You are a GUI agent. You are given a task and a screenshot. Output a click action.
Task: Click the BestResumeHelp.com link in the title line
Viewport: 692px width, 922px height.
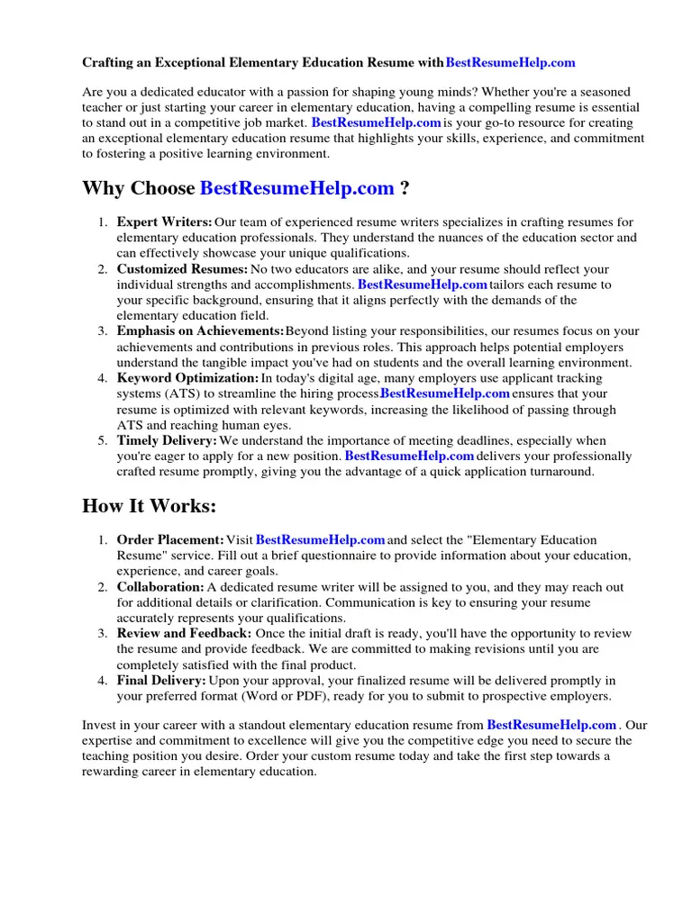click(510, 63)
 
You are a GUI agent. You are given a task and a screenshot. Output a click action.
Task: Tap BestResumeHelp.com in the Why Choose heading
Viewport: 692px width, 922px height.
click(296, 188)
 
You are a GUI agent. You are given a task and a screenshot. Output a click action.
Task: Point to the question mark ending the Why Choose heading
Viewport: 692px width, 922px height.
click(405, 188)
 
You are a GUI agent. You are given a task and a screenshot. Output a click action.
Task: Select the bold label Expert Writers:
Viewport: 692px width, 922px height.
click(164, 222)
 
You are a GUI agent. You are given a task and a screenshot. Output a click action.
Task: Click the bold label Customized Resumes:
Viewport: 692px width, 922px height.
click(182, 269)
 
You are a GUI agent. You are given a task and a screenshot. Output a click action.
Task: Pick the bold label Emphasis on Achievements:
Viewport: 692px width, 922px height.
click(200, 331)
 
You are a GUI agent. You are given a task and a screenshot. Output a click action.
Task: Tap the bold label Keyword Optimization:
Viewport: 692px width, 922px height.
click(187, 378)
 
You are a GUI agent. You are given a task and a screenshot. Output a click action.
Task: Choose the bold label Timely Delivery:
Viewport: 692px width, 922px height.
click(167, 440)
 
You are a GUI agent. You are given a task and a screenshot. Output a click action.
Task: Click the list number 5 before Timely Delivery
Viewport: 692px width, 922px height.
click(102, 440)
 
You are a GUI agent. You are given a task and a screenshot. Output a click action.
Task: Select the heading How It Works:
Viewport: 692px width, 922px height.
click(149, 506)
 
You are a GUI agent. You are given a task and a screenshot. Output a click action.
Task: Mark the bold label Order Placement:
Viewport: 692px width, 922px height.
click(170, 539)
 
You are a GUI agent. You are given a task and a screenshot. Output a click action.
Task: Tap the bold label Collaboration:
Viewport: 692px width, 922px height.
click(160, 587)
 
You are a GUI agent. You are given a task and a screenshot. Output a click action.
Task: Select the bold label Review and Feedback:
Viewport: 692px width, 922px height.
click(185, 634)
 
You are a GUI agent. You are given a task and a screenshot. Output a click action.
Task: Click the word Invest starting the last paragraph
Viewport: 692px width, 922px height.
click(99, 725)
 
